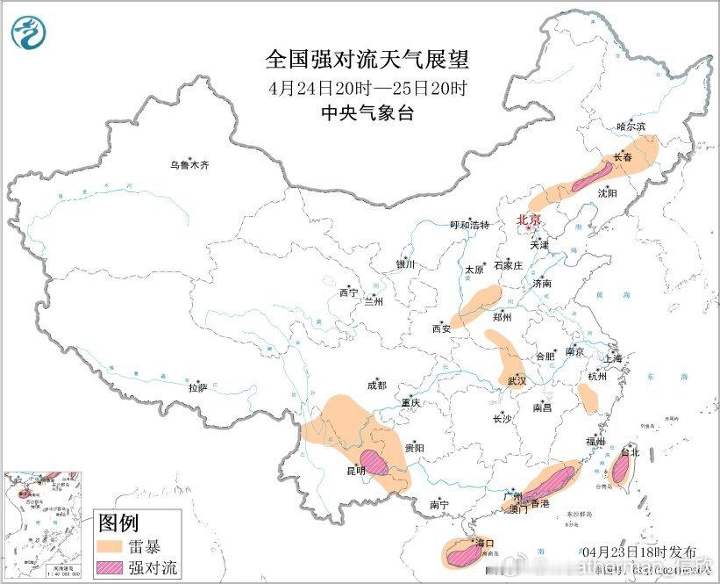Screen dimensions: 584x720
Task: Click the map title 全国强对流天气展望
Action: pyautogui.click(x=367, y=60)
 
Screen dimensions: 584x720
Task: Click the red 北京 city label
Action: pyautogui.click(x=530, y=220)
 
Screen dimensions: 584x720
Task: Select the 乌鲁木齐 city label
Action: pyautogui.click(x=190, y=164)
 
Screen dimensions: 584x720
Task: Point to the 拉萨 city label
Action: pyautogui.click(x=197, y=386)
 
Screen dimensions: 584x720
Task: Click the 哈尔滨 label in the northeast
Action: pyautogui.click(x=631, y=126)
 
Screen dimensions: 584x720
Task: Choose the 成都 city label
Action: pyautogui.click(x=376, y=385)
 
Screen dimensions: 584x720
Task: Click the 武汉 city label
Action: pyautogui.click(x=517, y=381)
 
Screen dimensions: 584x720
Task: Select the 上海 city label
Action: pyautogui.click(x=612, y=358)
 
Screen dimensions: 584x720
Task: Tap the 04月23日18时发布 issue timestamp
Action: pyautogui.click(x=654, y=552)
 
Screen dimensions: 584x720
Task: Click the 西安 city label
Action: pyautogui.click(x=439, y=328)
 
